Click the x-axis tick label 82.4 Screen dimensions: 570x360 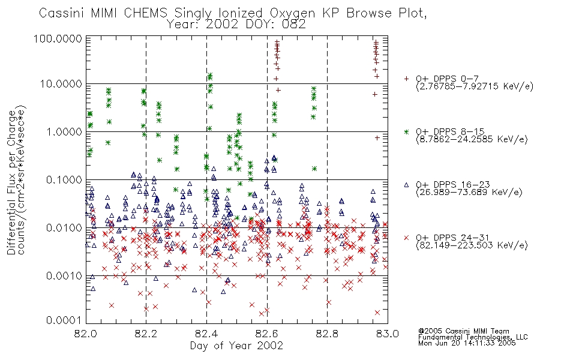tap(206, 334)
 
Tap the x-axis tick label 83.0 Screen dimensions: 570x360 tap(388, 334)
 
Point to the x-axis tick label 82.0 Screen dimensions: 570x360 tap(86, 334)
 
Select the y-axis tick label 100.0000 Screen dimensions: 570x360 tap(58, 38)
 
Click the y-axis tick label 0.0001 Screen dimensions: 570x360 tap(64, 320)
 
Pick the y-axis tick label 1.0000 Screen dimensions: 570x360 tap(64, 131)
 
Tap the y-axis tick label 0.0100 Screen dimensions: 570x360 tap(64, 228)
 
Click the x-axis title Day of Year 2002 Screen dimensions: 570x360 tap(236, 346)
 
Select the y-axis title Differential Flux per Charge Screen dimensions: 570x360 tap(12, 182)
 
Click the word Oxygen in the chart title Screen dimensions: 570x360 tap(293, 13)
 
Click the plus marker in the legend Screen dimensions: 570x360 tap(406, 78)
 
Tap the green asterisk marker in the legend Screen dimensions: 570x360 tap(406, 131)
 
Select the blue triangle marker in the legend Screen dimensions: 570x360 tap(406, 185)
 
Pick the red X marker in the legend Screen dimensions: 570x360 tap(406, 238)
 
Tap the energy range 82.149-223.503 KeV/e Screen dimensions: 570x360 tap(472, 245)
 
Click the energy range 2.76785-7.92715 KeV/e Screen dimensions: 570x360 tap(475, 86)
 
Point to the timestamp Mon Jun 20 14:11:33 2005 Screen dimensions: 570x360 tap(467, 343)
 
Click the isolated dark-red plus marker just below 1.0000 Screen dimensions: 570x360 tap(377, 138)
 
